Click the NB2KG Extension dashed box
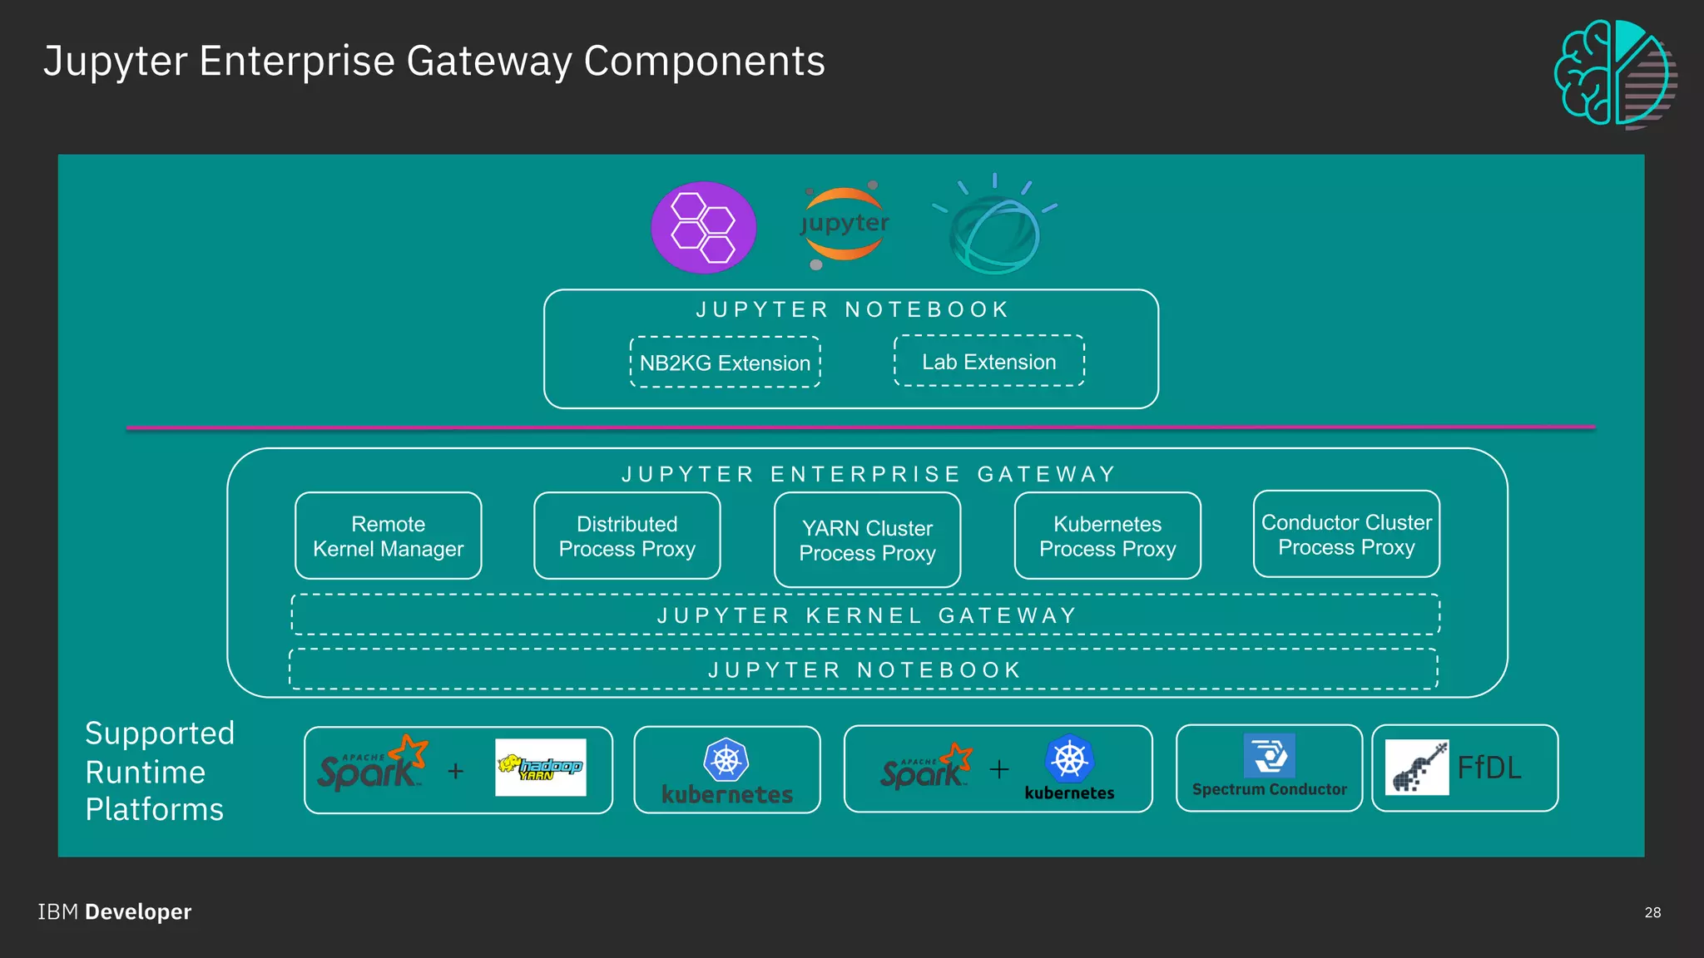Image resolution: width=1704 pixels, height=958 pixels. pyautogui.click(x=725, y=363)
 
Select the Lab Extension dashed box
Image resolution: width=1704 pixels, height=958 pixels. pyautogui.click(x=988, y=361)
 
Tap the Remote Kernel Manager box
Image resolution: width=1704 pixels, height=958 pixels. pyautogui.click(x=388, y=536)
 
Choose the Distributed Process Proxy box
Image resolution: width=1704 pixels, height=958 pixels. pyautogui.click(x=627, y=536)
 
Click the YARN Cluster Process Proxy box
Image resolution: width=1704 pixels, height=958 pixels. pyautogui.click(x=867, y=540)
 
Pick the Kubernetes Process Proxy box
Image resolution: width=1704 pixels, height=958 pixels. pyautogui.click(x=1107, y=536)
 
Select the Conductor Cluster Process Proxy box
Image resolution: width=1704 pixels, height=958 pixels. pyautogui.click(x=1345, y=534)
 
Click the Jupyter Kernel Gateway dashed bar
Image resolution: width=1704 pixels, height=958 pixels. pyautogui.click(x=865, y=615)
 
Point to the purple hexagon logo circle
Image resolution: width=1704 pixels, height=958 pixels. pyautogui.click(x=703, y=227)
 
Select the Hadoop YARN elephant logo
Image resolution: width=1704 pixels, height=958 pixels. pyautogui.click(x=540, y=767)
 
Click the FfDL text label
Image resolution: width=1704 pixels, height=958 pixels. pyautogui.click(x=1489, y=767)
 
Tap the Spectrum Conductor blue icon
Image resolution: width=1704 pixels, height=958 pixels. pyautogui.click(x=1269, y=755)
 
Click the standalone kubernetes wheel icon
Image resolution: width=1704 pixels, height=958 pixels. pyautogui.click(x=726, y=759)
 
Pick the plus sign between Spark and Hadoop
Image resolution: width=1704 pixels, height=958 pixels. pyautogui.click(x=455, y=771)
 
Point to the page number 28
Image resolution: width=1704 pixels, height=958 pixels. pyautogui.click(x=1652, y=912)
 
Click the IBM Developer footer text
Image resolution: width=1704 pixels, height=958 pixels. pyautogui.click(x=115, y=911)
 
